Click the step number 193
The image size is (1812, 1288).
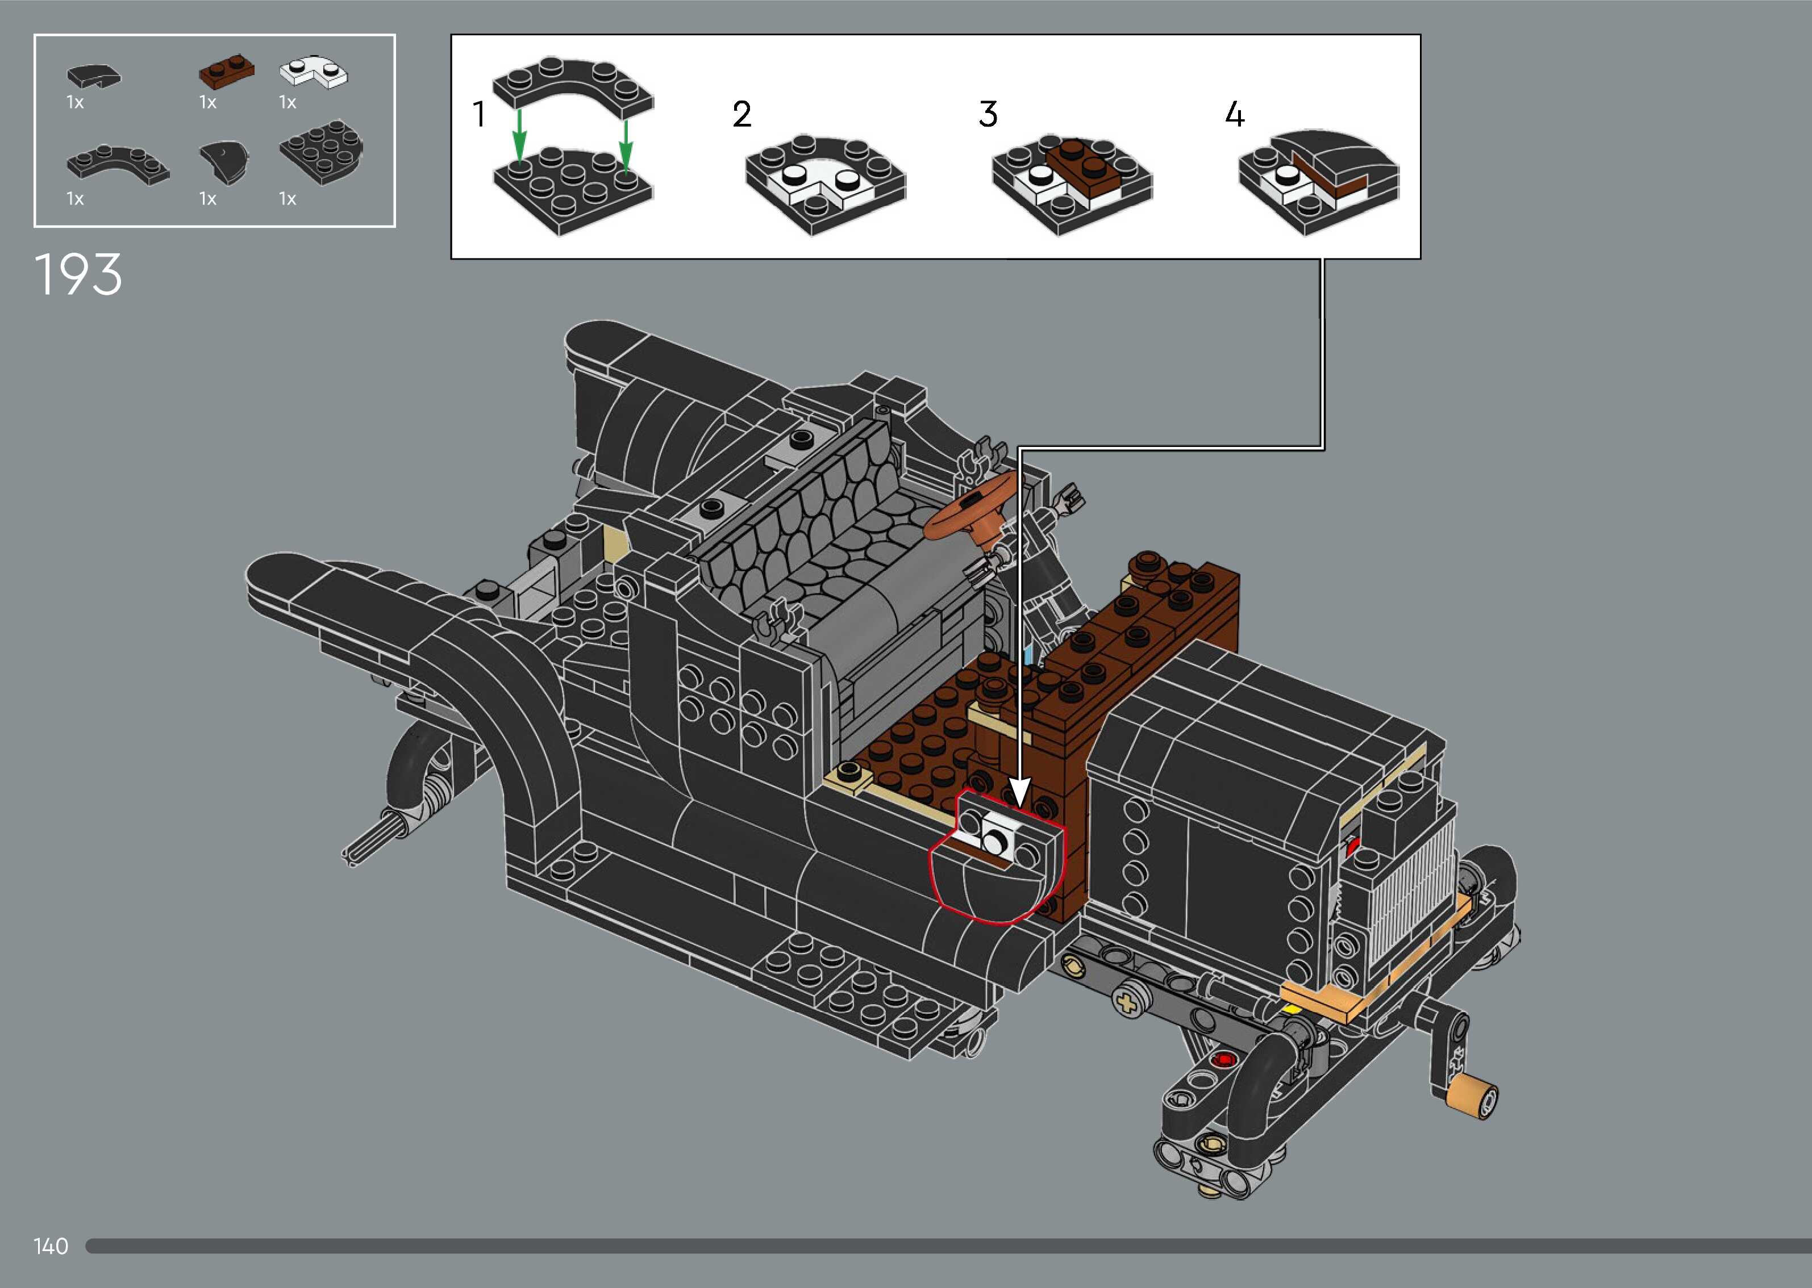click(78, 274)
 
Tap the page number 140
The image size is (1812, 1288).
click(51, 1246)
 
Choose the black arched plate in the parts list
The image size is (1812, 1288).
click(118, 164)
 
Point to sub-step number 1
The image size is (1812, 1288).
click(478, 114)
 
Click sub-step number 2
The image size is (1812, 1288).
click(742, 114)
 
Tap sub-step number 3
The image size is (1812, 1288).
click(988, 114)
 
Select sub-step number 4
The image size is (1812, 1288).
click(1235, 114)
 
